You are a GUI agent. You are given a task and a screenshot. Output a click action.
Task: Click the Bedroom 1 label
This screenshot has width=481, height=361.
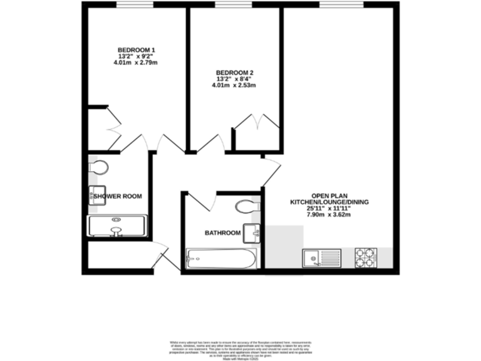[x=137, y=50]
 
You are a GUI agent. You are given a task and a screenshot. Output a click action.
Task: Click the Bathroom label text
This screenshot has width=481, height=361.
[x=222, y=233]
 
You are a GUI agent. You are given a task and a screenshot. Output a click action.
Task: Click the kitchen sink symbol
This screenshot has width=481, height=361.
[x=320, y=257]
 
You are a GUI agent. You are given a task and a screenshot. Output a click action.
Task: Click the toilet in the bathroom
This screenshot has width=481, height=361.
[x=246, y=206]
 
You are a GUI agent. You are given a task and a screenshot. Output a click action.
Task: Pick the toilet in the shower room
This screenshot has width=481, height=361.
[x=98, y=167]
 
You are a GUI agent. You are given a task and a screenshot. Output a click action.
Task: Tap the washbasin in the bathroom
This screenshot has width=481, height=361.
[x=253, y=232]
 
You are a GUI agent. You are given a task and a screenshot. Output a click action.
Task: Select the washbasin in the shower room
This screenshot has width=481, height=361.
[x=95, y=195]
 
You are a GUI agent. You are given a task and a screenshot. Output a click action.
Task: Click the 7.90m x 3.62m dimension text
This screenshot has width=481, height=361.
[x=329, y=215]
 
